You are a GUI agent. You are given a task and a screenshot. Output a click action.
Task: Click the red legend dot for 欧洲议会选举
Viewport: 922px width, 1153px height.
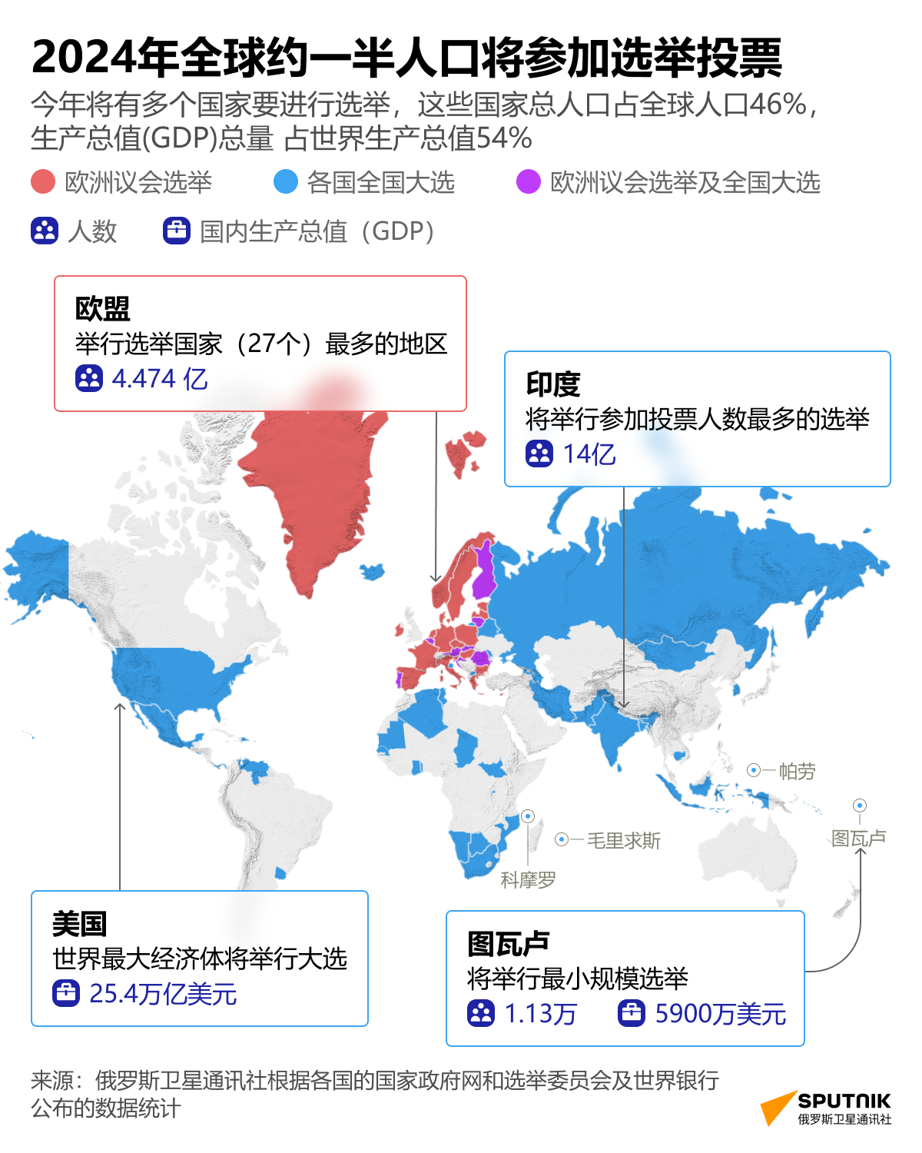pos(43,182)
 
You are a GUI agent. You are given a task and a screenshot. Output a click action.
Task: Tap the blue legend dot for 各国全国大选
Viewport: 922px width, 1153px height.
pos(286,182)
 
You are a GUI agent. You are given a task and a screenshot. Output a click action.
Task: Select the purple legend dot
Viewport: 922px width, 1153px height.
pos(529,182)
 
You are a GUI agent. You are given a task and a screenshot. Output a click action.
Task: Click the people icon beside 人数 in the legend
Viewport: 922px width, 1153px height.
pos(45,231)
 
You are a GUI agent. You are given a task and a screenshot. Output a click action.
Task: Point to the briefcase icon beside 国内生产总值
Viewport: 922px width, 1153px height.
pos(177,231)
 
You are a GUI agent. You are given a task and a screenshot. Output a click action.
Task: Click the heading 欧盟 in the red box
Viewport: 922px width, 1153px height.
pos(103,309)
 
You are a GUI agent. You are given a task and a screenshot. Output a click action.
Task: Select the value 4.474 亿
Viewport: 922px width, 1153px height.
pos(160,379)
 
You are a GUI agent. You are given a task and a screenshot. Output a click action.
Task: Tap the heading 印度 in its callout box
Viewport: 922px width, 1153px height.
pos(553,384)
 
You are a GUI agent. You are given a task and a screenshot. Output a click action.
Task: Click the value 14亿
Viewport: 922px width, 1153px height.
pos(589,454)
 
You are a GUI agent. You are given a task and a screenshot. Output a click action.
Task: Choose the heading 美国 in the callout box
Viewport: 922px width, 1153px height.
pos(79,924)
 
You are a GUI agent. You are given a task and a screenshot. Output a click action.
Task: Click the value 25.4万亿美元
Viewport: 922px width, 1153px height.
pos(163,994)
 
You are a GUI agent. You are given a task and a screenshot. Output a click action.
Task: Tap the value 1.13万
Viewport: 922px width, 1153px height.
pos(540,1014)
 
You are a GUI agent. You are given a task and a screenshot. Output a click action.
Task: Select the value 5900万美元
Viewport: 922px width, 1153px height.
pos(720,1014)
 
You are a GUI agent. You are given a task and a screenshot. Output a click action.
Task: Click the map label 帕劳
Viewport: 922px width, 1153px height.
pos(797,771)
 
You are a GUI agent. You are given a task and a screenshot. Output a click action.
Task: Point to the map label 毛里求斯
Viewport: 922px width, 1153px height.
pos(623,841)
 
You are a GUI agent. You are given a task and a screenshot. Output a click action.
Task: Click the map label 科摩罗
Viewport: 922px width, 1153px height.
pos(528,880)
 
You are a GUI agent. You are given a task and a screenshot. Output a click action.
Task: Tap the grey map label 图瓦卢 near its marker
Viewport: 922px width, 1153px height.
pos(858,838)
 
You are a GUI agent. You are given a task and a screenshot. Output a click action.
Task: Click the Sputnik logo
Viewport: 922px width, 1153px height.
pos(826,1108)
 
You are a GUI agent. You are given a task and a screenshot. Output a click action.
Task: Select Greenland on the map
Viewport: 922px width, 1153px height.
pos(315,492)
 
